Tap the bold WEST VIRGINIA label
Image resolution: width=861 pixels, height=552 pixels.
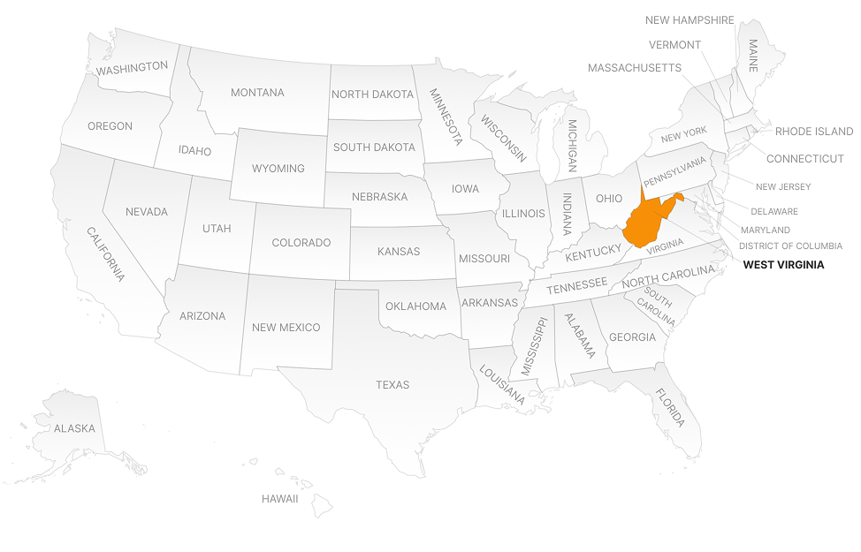pos(783,264)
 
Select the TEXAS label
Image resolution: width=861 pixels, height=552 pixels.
pos(392,384)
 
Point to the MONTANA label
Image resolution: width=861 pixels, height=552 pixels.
pos(257,93)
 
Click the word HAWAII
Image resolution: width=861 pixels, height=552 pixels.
pos(279,499)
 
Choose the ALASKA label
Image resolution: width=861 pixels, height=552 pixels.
pos(74,428)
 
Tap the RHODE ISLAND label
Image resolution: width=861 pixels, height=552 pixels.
pos(814,132)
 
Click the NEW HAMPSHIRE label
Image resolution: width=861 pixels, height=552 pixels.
pos(690,20)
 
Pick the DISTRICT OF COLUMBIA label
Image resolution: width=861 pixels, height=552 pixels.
pos(790,246)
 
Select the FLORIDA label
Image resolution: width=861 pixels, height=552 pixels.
pos(670,407)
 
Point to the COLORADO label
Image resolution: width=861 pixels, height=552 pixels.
pos(301,243)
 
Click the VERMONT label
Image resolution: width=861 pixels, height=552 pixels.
pos(674,45)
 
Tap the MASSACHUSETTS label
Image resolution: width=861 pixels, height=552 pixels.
pos(634,68)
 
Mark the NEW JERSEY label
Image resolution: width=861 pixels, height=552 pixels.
pos(782,187)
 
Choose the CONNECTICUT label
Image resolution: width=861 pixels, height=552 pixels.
pos(804,159)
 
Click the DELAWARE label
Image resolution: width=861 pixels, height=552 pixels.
pos(774,212)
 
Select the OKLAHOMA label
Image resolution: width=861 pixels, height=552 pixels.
pos(415,306)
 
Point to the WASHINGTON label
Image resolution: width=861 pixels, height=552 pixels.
pos(132,67)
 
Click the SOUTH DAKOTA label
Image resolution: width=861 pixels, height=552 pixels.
pos(374,147)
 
